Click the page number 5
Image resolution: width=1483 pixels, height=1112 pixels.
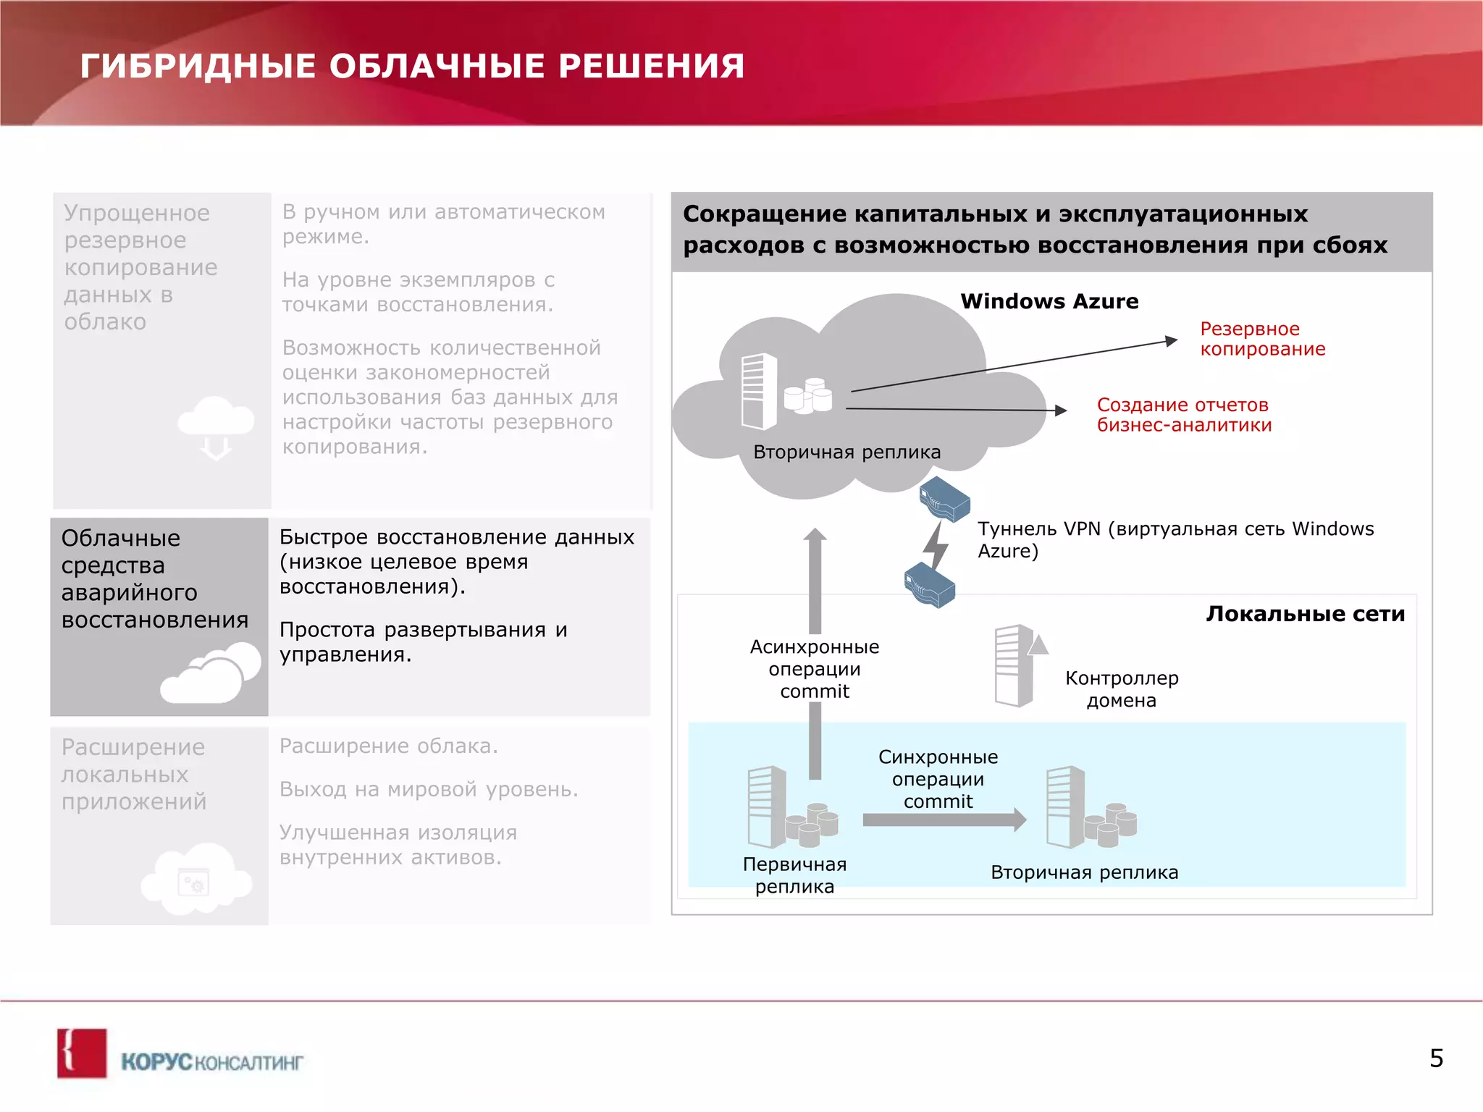tap(1436, 1058)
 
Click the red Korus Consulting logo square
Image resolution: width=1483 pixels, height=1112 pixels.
tap(82, 1053)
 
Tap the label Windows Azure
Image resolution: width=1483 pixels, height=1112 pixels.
tap(1049, 301)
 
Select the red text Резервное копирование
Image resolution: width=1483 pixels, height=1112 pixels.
tap(1262, 339)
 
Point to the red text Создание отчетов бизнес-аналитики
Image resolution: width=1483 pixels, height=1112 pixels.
tap(1184, 415)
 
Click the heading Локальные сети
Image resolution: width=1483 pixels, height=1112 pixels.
tap(1305, 614)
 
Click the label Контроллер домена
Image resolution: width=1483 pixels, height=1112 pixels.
tap(1121, 689)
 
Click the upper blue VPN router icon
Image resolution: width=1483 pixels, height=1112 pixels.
tap(944, 499)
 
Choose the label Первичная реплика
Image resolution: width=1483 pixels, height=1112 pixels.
tap(794, 875)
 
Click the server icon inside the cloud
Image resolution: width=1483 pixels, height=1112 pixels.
tap(758, 392)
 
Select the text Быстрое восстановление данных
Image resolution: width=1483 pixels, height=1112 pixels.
tap(456, 537)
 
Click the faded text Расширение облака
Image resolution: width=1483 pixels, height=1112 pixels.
tap(389, 746)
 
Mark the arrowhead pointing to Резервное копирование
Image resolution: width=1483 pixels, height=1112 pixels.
tap(1171, 340)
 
